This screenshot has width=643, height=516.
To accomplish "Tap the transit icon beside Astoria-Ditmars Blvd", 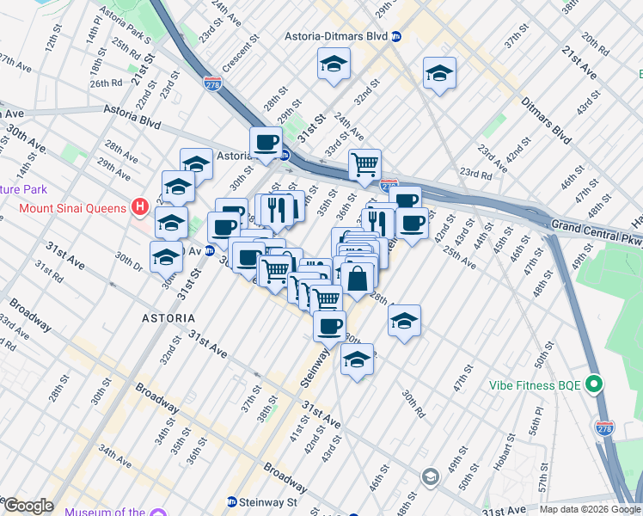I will coord(396,37).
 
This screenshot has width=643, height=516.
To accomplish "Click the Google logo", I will coord(28,506).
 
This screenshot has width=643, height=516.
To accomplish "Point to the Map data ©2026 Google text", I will coord(590,509).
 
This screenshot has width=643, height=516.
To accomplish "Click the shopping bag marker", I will coord(358,278).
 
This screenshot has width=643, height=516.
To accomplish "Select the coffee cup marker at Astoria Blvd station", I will coord(266,142).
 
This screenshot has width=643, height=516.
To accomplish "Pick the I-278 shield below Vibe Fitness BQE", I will coord(606,427).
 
